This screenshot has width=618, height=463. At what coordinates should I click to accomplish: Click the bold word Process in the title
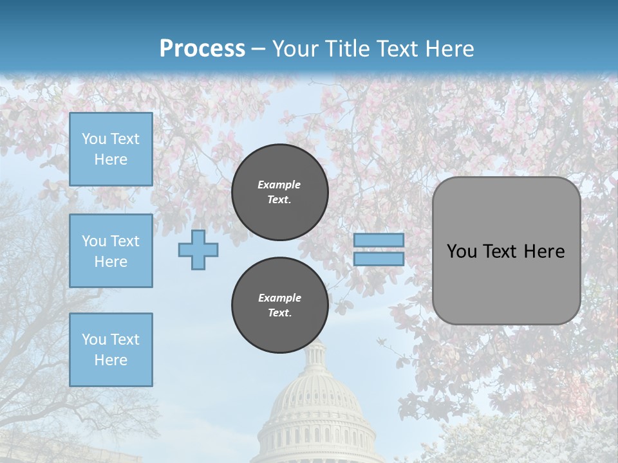[202, 49]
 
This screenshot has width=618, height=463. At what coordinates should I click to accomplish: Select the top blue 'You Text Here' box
[111, 149]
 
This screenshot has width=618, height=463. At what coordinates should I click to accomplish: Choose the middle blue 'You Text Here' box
[111, 251]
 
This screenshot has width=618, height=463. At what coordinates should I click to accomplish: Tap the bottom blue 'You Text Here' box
[111, 350]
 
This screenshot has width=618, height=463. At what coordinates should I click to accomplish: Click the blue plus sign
[198, 250]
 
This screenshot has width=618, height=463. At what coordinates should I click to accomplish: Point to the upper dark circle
[280, 192]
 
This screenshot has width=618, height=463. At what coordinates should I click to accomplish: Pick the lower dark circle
[280, 305]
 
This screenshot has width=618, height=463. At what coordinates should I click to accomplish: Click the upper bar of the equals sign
[379, 240]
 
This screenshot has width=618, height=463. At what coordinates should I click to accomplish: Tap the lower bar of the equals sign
[379, 259]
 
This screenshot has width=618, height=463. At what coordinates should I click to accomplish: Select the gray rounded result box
[506, 283]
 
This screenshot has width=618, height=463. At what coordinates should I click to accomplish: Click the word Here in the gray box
[544, 251]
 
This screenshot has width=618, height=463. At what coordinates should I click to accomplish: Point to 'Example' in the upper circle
[279, 185]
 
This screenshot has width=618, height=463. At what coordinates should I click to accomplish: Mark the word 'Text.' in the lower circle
[279, 313]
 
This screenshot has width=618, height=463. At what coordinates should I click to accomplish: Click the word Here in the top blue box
[111, 159]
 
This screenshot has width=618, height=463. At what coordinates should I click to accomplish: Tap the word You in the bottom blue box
[94, 340]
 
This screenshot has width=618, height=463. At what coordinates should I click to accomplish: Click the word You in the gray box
[462, 251]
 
